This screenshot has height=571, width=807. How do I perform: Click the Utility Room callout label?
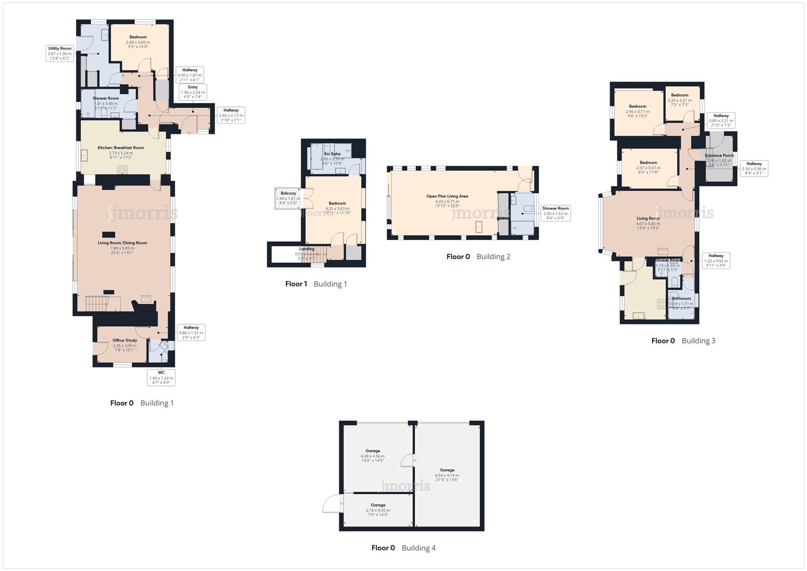pos(60,53)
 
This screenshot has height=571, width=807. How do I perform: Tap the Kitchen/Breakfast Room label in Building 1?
pos(120,150)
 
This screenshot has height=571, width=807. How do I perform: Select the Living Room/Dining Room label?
pos(122,245)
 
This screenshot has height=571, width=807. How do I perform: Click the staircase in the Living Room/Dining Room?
pos(96,303)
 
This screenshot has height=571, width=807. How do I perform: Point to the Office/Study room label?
pos(125,343)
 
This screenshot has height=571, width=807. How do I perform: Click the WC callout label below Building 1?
pos(161,377)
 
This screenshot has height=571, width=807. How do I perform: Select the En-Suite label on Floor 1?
pos(332,156)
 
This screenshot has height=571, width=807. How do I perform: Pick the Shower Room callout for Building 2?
pos(555,213)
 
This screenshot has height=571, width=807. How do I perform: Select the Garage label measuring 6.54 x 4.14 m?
pos(447,473)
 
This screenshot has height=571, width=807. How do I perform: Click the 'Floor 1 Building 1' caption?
pos(316,284)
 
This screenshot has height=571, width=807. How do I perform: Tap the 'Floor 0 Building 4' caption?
pos(403,548)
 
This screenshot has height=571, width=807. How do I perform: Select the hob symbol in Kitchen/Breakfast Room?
pos(123,170)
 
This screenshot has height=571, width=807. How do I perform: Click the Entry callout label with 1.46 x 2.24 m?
pos(192,92)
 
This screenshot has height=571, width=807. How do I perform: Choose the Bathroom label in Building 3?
pos(681,301)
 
